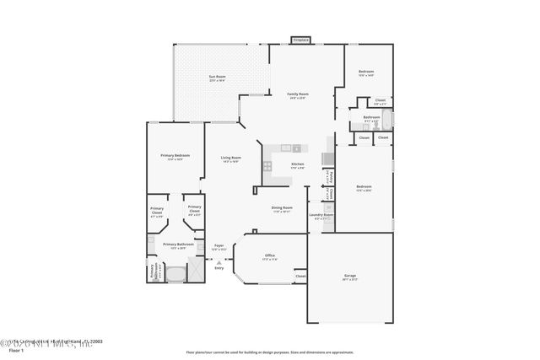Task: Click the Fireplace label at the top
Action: coord(300,40)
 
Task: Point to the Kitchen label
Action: coord(297,164)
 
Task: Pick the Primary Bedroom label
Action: coord(175,156)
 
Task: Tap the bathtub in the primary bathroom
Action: coord(175,274)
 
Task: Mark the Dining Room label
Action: coord(282,207)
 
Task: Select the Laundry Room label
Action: coord(321,215)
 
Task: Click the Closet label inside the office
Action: coord(300,276)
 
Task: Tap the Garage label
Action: coord(349,276)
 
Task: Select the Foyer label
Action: coord(219,245)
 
